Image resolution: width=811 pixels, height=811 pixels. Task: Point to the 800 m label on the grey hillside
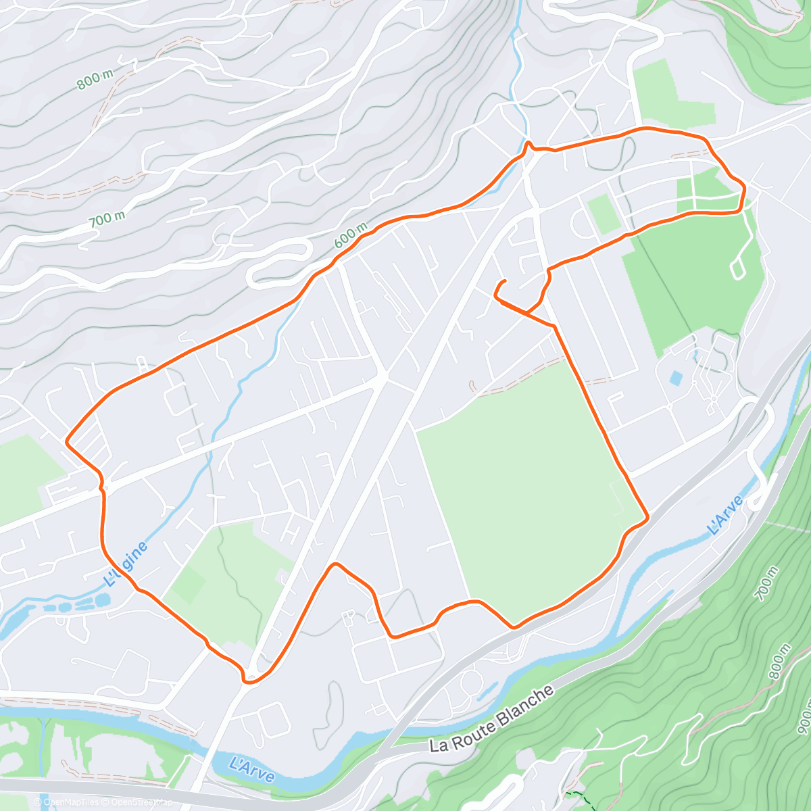[95, 80]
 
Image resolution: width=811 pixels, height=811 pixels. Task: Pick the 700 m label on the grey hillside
[106, 219]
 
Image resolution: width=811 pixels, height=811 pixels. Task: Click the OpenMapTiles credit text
[70, 802]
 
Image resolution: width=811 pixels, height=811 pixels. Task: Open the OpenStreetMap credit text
[139, 802]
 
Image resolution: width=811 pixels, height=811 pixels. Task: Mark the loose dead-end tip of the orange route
[504, 280]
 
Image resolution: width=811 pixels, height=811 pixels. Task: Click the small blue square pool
[676, 378]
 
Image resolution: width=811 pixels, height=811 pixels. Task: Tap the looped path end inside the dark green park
[736, 270]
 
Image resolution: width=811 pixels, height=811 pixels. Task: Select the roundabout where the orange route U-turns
[249, 678]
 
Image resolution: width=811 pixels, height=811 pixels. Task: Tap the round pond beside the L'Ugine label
[102, 599]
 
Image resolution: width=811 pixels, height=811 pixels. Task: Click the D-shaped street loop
[581, 223]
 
